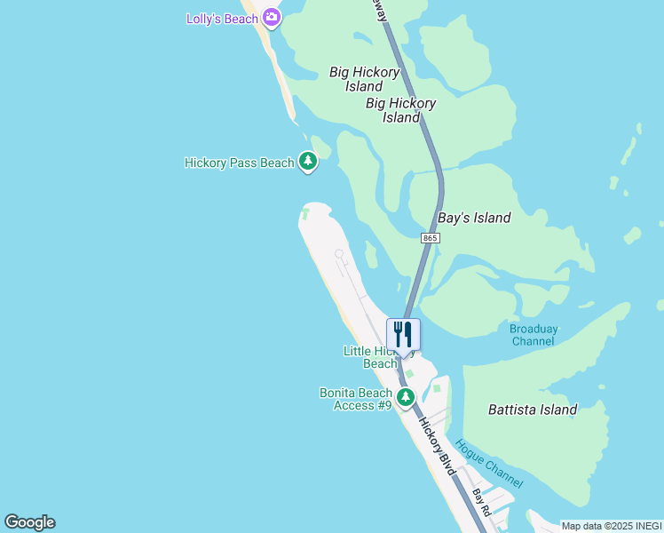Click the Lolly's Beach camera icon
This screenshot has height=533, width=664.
coord(272,18)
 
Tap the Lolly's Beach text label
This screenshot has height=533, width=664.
coord(222,19)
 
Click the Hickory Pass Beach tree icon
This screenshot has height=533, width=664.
coord(307,162)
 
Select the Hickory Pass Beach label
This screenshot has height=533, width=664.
coord(239,163)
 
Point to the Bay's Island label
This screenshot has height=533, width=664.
coord(474,218)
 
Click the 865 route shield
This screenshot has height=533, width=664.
coord(431,238)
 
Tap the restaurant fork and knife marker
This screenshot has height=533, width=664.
coord(403,334)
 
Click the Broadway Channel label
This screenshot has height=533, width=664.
coord(534,335)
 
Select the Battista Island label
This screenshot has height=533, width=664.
coord(533,410)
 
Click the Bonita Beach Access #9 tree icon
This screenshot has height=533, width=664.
coord(405,396)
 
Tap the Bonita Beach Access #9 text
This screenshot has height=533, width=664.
coord(355,399)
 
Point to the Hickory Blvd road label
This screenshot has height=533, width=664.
coord(438,447)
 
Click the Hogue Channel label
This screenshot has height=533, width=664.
coord(488,464)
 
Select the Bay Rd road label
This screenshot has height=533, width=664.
coord(482,502)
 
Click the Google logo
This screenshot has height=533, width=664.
coord(29,522)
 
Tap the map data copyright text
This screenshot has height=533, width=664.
coord(612,526)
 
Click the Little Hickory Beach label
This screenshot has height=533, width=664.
coord(370,357)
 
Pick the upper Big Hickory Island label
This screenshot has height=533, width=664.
coord(365,79)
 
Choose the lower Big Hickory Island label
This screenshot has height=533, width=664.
coord(401,110)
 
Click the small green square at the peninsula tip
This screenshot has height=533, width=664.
coord(304,213)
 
